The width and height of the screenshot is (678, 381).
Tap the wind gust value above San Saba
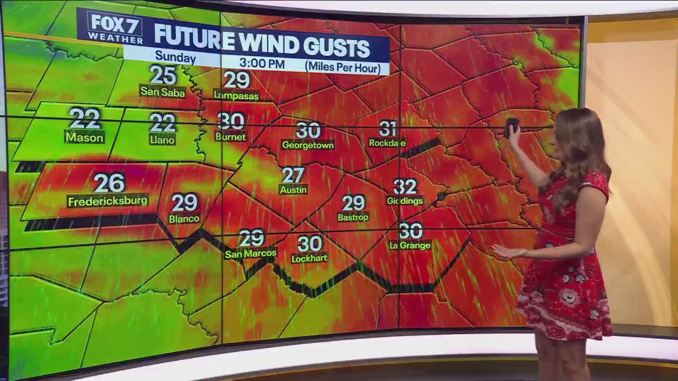pos(163,75)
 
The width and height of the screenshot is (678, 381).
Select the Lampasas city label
pos(236,95)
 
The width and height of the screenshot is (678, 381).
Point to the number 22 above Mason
pos(84,119)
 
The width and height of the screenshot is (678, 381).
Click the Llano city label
pos(162,140)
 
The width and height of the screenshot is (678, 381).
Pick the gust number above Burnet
pos(231,121)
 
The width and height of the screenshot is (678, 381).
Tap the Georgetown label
pos(308,144)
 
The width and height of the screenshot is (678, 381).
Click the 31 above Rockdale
pos(388,129)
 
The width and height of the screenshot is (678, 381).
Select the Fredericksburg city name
pos(108,201)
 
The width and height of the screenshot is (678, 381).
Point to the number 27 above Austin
pos(293,175)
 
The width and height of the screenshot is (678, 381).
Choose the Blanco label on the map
pos(184,219)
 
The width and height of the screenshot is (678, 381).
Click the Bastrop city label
pos(353,217)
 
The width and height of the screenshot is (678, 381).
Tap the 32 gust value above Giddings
pos(405,186)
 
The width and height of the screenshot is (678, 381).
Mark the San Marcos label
pos(251,254)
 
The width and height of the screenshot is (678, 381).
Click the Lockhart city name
pos(309,259)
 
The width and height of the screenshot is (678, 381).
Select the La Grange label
pos(410,246)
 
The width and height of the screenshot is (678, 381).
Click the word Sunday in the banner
pos(175,57)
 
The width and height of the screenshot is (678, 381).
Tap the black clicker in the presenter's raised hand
pos(512,126)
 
